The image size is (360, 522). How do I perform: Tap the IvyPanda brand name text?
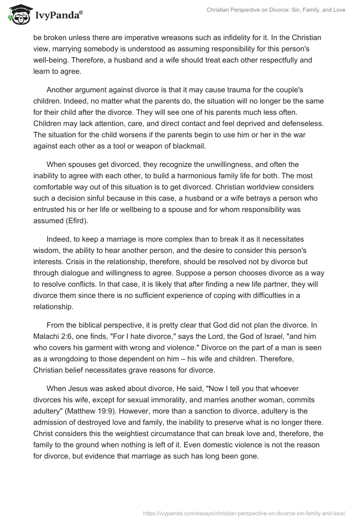pos(58,16)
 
